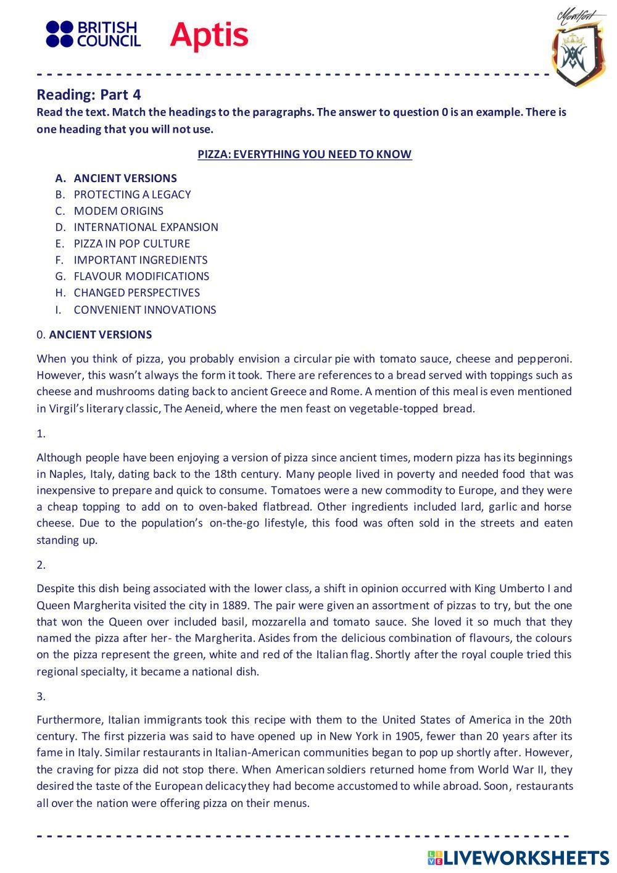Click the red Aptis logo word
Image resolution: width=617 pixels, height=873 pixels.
pyautogui.click(x=209, y=35)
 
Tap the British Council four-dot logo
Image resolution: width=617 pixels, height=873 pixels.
pyautogui.click(x=59, y=34)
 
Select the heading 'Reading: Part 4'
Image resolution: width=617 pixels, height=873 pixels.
pyautogui.click(x=89, y=94)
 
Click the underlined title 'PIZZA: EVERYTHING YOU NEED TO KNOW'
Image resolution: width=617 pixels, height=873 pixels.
pyautogui.click(x=304, y=154)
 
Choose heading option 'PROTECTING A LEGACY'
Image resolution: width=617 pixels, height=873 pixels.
pyautogui.click(x=132, y=194)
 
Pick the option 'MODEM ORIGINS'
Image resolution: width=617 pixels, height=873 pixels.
pyautogui.click(x=118, y=211)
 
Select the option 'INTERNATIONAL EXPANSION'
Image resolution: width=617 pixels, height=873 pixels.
pyautogui.click(x=146, y=227)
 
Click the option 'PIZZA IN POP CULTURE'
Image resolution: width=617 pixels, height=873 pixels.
pyautogui.click(x=131, y=243)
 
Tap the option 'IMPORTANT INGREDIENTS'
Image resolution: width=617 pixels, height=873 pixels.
pyautogui.click(x=140, y=260)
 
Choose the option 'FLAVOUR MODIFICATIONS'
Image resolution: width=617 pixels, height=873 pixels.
pyautogui.click(x=141, y=276)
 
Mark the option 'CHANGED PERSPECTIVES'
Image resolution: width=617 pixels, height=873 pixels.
pyautogui.click(x=136, y=293)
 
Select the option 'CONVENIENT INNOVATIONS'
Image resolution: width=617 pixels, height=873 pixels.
pyautogui.click(x=144, y=310)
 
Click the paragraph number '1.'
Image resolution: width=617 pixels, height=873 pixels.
pyautogui.click(x=41, y=434)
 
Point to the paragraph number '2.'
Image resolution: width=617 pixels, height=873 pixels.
pyautogui.click(x=41, y=565)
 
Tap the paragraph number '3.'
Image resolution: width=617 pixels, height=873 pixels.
pyautogui.click(x=41, y=696)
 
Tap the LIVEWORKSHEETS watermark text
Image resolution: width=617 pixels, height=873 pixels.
pyautogui.click(x=526, y=858)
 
